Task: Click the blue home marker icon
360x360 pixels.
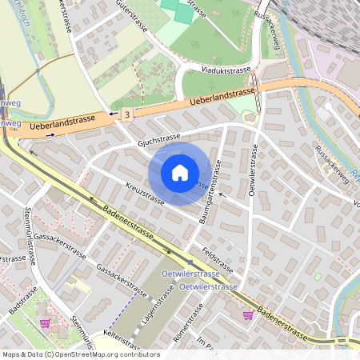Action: point(180,173)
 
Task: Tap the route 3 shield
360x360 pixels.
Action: point(127,115)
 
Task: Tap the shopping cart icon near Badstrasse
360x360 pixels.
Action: point(45,323)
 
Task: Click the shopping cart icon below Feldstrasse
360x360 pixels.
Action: point(248,315)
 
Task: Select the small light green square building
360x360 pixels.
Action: point(318,278)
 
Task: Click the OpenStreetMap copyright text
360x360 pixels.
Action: point(80,354)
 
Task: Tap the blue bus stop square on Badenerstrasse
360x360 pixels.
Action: point(190,263)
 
